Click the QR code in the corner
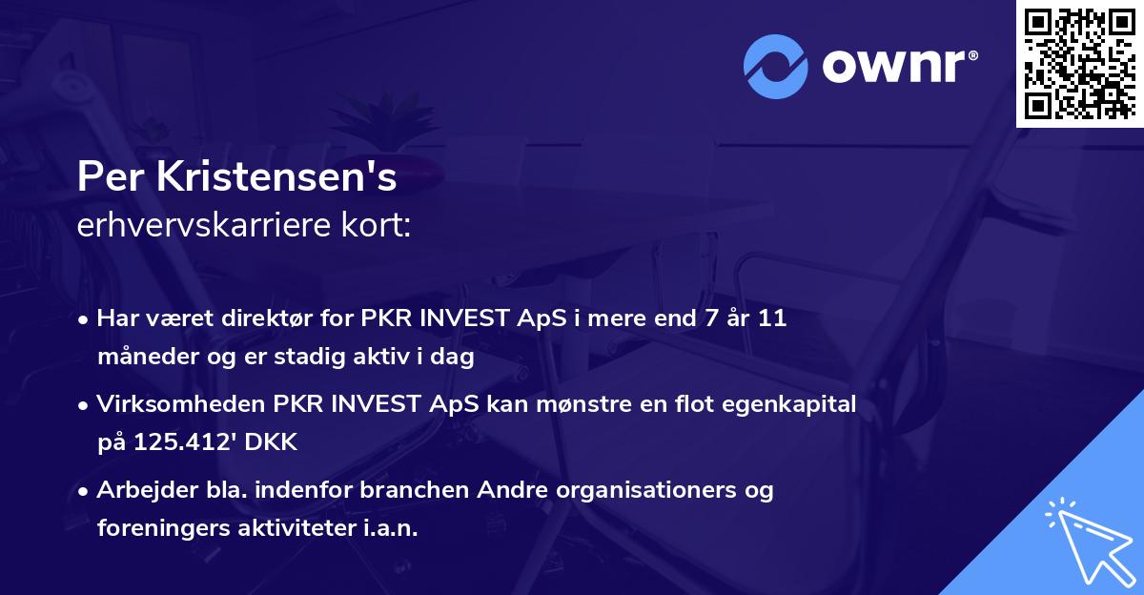tap(1079, 63)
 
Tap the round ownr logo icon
tap(776, 67)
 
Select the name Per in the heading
tap(106, 177)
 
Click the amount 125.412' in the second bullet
tap(182, 443)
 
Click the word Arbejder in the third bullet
tap(139, 490)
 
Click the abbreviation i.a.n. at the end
tap(388, 529)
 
